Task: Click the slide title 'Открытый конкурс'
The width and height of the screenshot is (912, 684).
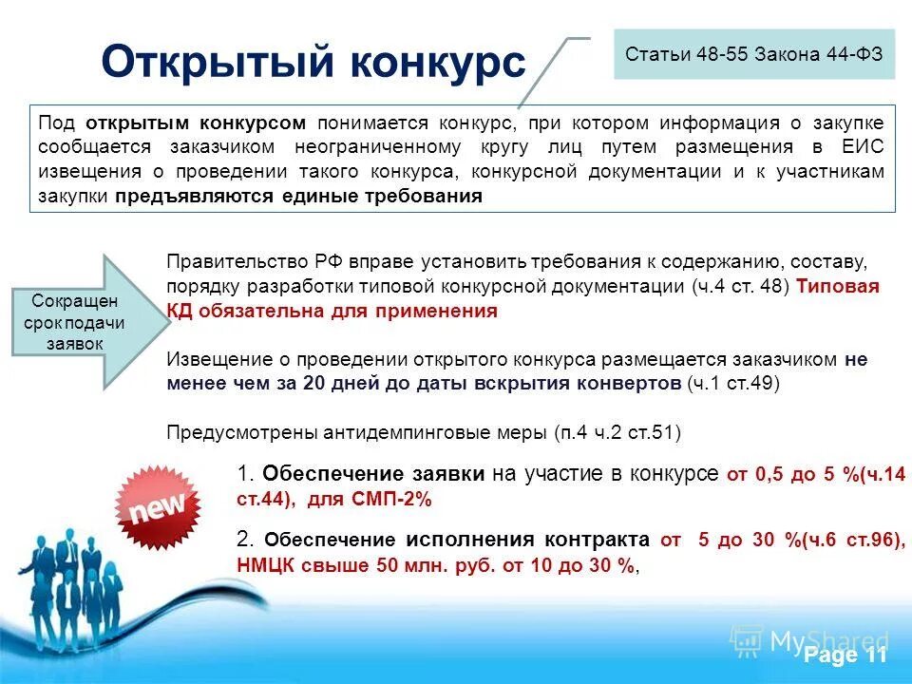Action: [313, 63]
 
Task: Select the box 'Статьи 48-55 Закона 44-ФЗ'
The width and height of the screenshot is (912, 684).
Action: [753, 53]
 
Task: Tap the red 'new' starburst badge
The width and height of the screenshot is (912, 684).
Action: [157, 510]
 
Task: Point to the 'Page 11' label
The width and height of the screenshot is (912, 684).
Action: [844, 655]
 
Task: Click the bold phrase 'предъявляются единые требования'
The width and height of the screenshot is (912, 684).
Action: [299, 197]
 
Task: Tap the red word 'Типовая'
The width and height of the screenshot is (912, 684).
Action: [838, 287]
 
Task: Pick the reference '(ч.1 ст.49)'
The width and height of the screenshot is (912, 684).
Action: [732, 384]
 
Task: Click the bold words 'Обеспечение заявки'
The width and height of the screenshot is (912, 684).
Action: [374, 474]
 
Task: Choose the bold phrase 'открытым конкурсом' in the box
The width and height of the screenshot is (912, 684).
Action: [196, 123]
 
